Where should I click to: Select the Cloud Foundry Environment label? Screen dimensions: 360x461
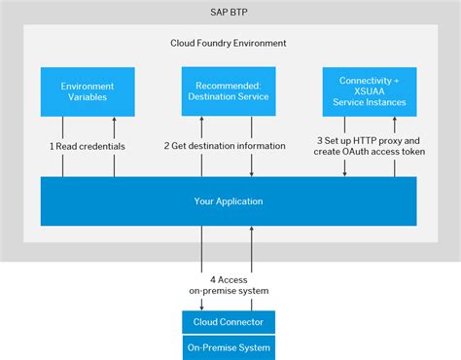229,44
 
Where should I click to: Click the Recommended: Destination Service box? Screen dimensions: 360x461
229,91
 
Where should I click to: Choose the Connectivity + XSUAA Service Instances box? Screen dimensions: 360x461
370,91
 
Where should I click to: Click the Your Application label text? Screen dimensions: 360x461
229,201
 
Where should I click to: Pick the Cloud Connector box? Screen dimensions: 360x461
229,322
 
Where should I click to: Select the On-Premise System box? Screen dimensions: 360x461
229,347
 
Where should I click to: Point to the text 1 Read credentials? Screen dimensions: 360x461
89,145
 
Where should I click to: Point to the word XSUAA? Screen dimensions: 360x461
370,91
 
